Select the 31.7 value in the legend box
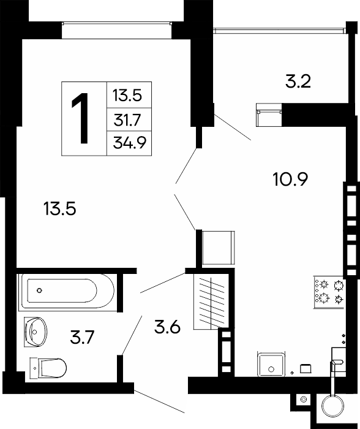pyautogui.click(x=127, y=120)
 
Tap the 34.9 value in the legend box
pyautogui.click(x=130, y=143)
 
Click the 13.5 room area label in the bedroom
pyautogui.click(x=59, y=208)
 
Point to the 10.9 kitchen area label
pyautogui.click(x=290, y=180)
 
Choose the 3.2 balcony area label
pyautogui.click(x=298, y=82)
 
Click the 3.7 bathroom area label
pyautogui.click(x=82, y=337)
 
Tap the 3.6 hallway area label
pyautogui.click(x=167, y=327)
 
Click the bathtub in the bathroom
pyautogui.click(x=66, y=291)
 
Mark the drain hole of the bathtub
pyautogui.click(x=39, y=290)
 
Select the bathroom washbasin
pyautogui.click(x=36, y=332)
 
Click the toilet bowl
pyautogui.click(x=48, y=368)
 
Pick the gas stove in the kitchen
pyautogui.click(x=329, y=293)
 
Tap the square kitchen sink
pyautogui.click(x=271, y=365)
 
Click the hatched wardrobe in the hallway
pyautogui.click(x=211, y=301)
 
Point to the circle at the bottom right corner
pyautogui.click(x=332, y=405)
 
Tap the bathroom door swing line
pyautogui.click(x=132, y=336)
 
